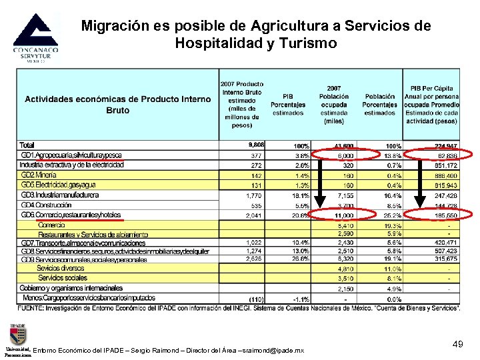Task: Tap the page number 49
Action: [x=457, y=343]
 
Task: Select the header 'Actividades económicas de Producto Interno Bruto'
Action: [x=118, y=105]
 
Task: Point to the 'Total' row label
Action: [x=27, y=145]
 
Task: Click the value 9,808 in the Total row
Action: [x=255, y=145]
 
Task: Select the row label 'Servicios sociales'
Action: [x=63, y=277]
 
